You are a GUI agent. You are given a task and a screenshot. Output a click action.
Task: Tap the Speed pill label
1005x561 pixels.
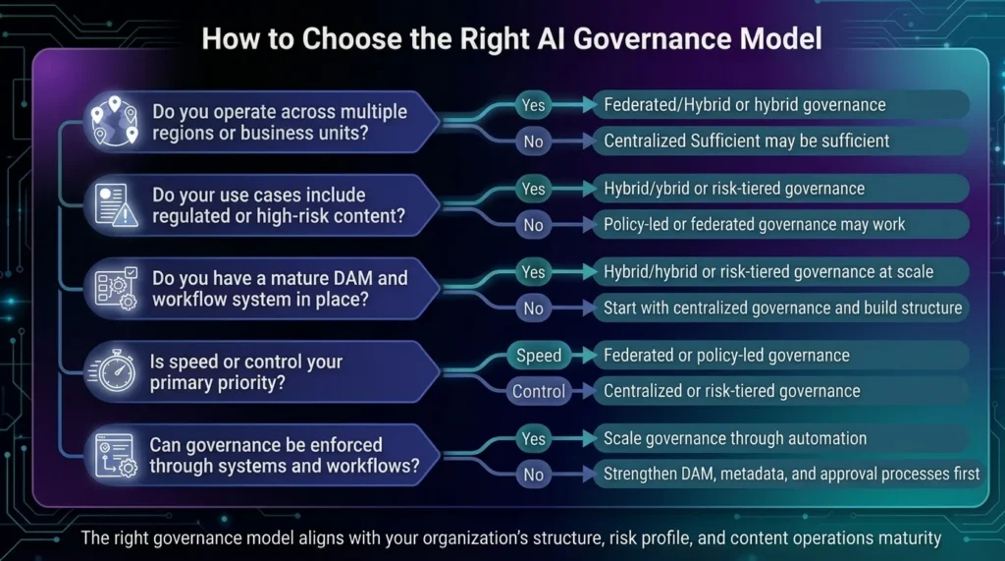pos(539,356)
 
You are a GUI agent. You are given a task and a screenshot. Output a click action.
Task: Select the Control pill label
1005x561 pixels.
pos(539,391)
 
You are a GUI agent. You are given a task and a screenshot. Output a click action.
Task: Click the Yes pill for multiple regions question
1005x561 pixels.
pos(533,104)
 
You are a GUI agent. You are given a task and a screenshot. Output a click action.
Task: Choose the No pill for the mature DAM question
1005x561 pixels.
pos(533,309)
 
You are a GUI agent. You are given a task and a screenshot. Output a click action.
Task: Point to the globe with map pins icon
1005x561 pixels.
pos(114,123)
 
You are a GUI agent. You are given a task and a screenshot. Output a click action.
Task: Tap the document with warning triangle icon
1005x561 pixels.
pos(114,205)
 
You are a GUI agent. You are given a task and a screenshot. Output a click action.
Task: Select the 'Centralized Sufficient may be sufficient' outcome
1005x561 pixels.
pos(747,140)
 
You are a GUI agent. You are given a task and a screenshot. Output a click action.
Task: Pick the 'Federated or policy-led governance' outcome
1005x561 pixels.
pos(726,355)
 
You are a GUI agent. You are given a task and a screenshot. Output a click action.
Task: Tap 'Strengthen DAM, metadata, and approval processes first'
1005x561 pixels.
pos(791,474)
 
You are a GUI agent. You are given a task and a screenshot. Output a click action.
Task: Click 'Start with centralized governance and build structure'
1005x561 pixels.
pos(782,308)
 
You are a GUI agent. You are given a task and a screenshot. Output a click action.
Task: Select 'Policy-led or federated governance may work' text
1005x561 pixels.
pos(754,224)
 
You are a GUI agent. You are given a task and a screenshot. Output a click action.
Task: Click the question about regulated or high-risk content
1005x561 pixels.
pos(279,205)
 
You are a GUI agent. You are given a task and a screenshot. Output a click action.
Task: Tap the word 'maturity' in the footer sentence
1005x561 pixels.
pos(909,537)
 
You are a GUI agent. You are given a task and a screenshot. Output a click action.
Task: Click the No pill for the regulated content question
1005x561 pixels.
pos(533,225)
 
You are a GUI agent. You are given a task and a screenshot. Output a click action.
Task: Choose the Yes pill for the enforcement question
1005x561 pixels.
pos(533,438)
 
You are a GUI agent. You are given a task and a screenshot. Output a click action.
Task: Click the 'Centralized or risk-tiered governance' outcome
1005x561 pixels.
pos(731,391)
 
